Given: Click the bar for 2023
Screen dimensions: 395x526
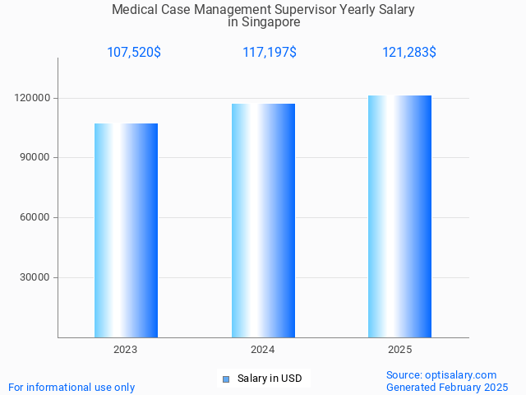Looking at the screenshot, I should coord(126,230).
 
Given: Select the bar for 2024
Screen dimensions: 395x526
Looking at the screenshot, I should coord(263,221).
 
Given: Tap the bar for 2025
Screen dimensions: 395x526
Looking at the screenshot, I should coord(399,216).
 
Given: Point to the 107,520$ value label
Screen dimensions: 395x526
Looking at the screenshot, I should coord(134,53).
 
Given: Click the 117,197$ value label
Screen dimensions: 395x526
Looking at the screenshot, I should coord(270,53).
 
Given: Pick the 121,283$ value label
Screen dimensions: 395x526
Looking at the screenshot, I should coord(409,53).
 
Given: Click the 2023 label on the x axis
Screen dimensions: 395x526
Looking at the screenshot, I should coord(126,350).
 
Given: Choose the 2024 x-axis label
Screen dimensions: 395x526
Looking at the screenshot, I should coord(263,350).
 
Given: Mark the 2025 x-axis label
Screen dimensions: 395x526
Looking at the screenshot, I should coord(399,350).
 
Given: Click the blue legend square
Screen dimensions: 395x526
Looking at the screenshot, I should coord(225,379).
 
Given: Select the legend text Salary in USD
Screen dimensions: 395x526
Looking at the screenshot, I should coord(270,379).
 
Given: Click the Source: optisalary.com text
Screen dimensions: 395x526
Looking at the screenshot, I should coord(441,374).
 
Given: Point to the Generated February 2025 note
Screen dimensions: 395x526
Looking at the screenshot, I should coord(447,387).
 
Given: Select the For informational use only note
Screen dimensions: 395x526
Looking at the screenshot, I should coord(72,387).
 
